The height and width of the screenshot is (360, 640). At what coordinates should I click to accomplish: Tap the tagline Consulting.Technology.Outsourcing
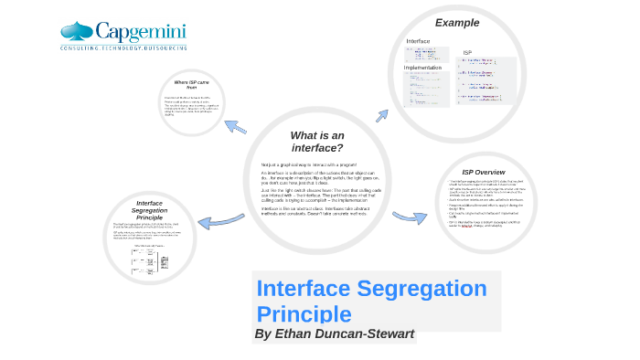123,47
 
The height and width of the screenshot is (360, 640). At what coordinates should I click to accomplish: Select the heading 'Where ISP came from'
192,85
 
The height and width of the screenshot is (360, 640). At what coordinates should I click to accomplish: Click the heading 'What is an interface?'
317,142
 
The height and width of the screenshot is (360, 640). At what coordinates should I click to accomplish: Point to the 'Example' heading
456,23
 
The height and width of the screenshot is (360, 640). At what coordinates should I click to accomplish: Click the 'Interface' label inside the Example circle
418,41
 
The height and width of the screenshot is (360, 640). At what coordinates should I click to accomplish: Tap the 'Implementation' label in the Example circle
422,68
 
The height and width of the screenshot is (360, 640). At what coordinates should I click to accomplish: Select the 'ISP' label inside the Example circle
467,53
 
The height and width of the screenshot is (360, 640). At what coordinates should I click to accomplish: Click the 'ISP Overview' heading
483,172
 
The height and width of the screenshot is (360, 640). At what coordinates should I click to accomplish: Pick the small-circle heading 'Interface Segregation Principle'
149,210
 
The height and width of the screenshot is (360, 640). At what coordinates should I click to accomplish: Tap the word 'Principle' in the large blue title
304,313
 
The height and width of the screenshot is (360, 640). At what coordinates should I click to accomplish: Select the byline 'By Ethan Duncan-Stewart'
334,334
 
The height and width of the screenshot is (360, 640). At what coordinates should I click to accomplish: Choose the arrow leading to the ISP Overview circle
410,217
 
